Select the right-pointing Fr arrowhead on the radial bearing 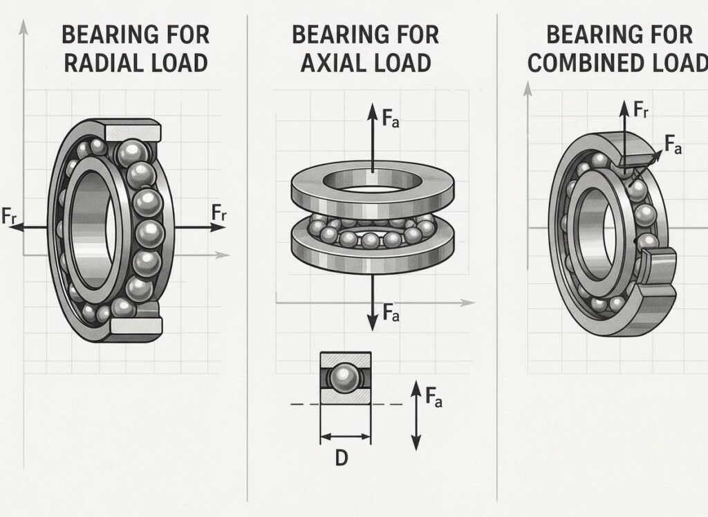tap(218, 227)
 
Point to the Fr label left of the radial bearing tap(9, 215)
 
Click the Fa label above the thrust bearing tap(391, 119)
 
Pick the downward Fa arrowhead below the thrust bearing tap(373, 323)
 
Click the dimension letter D tap(342, 458)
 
